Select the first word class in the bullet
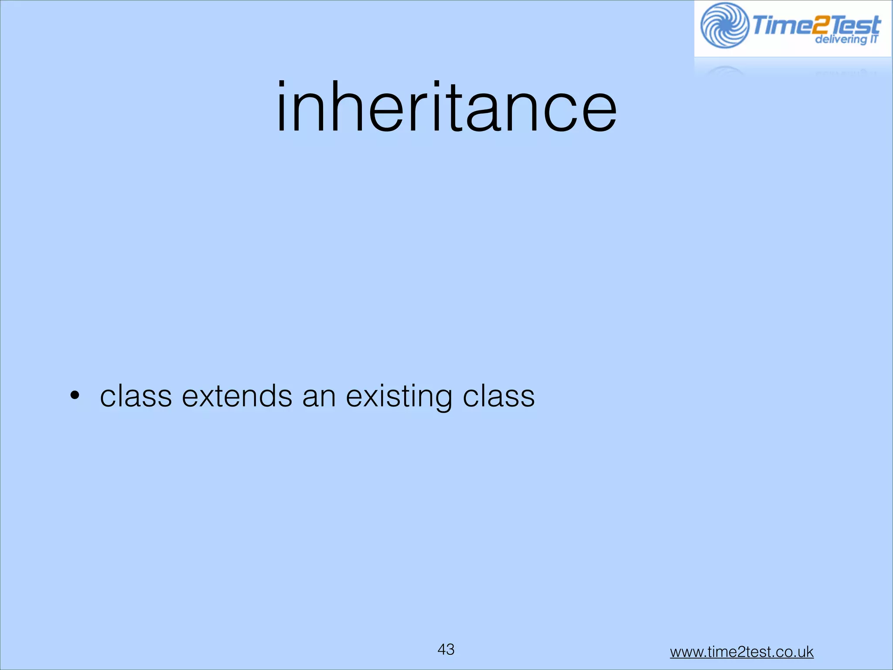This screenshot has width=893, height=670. [136, 397]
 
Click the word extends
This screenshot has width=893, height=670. [237, 397]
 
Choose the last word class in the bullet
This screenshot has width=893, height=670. [498, 397]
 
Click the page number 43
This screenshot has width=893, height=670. [446, 649]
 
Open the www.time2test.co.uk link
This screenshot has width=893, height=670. [742, 652]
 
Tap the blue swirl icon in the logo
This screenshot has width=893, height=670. [724, 25]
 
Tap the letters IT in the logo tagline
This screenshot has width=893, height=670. [873, 39]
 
